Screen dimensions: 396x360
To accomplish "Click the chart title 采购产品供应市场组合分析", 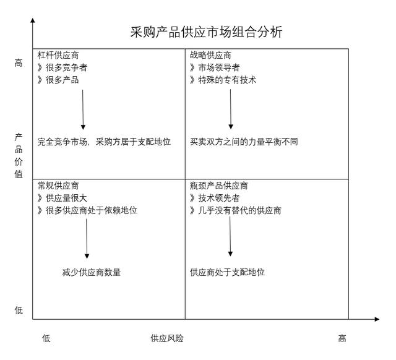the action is (206, 32).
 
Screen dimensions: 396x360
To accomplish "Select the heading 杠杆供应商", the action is (58, 55).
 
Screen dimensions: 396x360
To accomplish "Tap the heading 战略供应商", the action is (210, 55).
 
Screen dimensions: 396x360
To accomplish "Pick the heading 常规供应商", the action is (58, 186).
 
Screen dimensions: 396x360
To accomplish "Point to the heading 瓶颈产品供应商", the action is (218, 186).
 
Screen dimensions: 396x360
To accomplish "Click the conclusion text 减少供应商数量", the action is (92, 272).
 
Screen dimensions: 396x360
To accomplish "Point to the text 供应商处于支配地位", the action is (227, 272).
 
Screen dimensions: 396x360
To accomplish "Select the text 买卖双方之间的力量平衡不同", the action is (244, 142).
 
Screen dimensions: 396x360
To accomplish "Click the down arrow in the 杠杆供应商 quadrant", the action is (83, 109).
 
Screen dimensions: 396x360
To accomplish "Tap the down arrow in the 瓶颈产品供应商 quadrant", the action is (230, 236).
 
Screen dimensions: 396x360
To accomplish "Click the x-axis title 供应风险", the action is (167, 338).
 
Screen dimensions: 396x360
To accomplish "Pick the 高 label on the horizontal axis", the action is (342, 338).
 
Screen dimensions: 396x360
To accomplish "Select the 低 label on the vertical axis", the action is (19, 310).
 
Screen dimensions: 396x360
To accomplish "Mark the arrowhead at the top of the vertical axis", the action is (33, 20).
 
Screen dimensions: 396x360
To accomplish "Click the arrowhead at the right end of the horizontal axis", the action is (377, 319).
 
